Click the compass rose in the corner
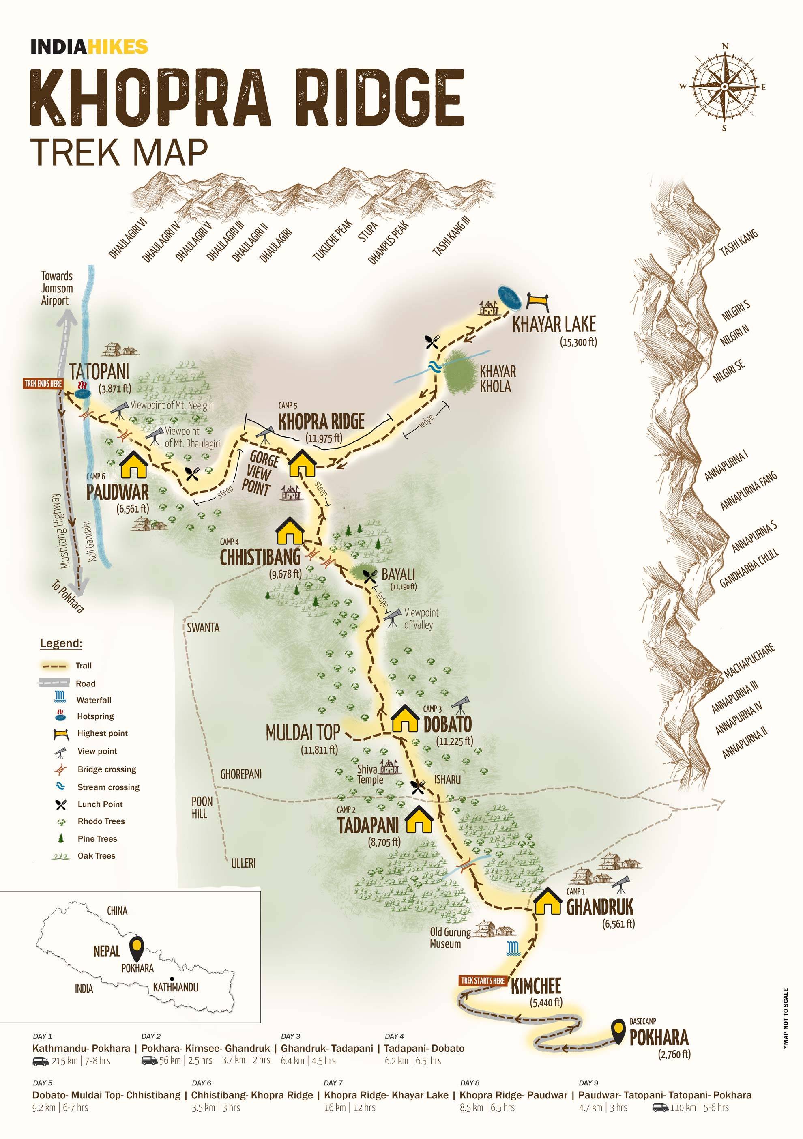pos(724,87)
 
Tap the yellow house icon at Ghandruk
pos(547,901)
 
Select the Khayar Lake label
pos(554,325)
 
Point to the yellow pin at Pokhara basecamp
pos(618,1032)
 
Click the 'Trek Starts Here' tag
pos(482,981)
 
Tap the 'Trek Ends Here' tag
pos(43,383)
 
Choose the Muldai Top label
pos(303,733)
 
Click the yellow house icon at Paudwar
pos(134,464)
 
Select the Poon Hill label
pos(202,807)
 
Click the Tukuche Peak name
pos(332,240)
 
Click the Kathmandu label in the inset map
pos(176,987)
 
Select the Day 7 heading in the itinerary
pos(333,1083)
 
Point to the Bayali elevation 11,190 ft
pos(403,587)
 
